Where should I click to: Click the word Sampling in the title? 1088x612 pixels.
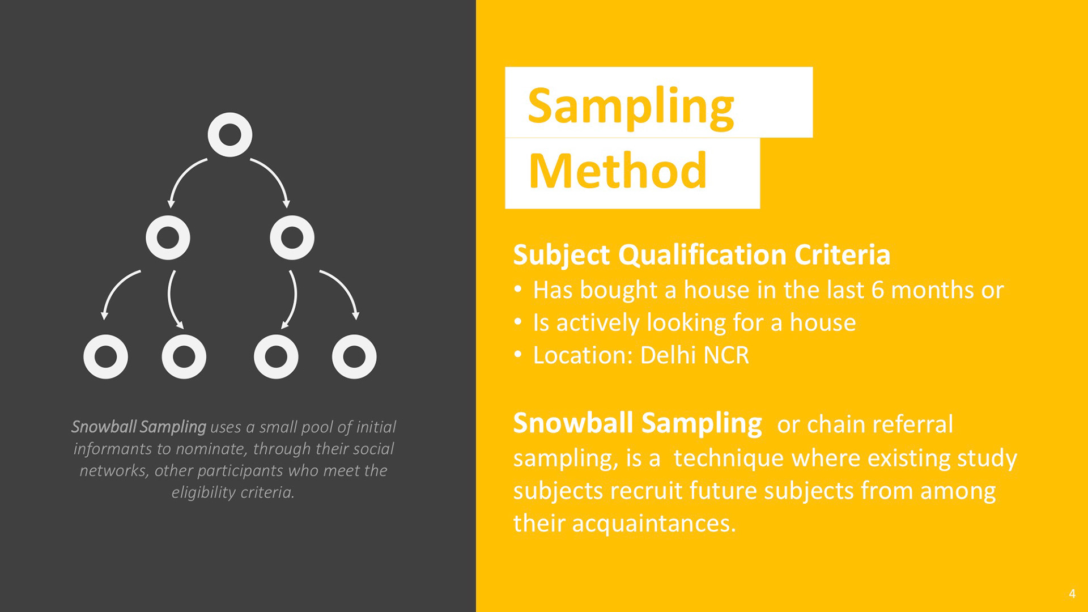(631, 107)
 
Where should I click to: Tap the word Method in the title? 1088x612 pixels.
(618, 171)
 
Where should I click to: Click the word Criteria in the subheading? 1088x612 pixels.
(842, 254)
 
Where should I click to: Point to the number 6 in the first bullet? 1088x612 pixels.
(878, 290)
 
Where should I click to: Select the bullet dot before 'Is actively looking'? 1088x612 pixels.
(518, 322)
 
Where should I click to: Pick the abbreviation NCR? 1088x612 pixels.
(726, 355)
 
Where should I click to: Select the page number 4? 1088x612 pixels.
(1072, 593)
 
